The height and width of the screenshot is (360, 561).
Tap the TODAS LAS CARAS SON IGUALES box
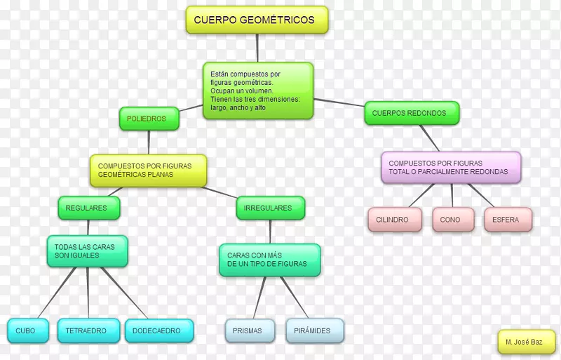[x=87, y=251]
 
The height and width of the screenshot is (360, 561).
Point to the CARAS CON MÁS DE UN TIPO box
[x=269, y=260]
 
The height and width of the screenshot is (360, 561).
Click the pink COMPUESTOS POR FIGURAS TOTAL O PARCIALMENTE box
[x=452, y=168]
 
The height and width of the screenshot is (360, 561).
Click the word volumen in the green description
[x=259, y=91]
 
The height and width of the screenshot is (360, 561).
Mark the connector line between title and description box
[x=258, y=48]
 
